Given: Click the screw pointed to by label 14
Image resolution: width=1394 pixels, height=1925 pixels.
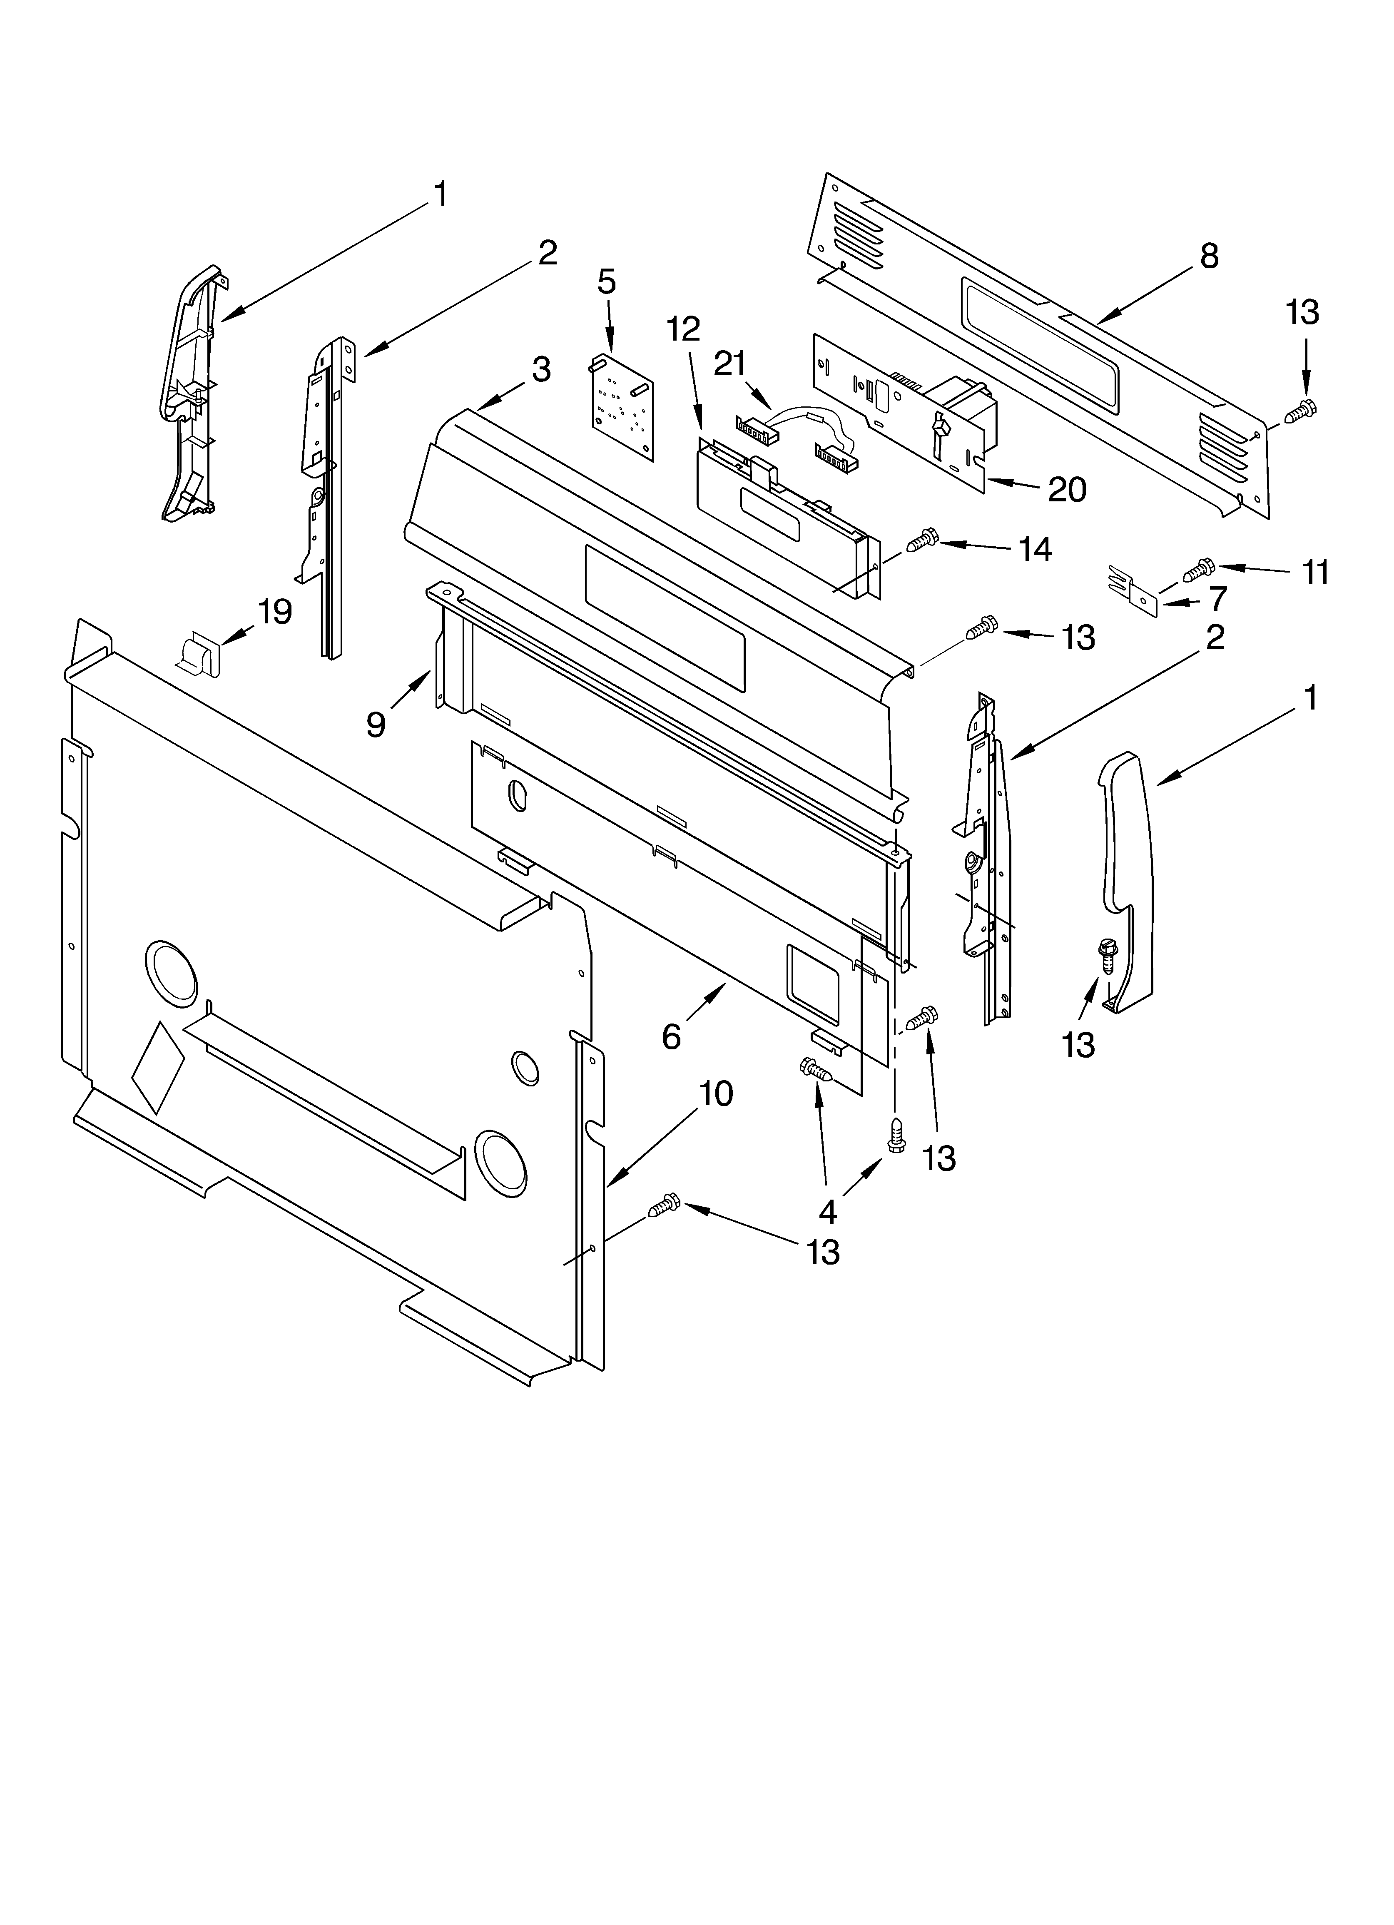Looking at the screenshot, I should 921,540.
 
